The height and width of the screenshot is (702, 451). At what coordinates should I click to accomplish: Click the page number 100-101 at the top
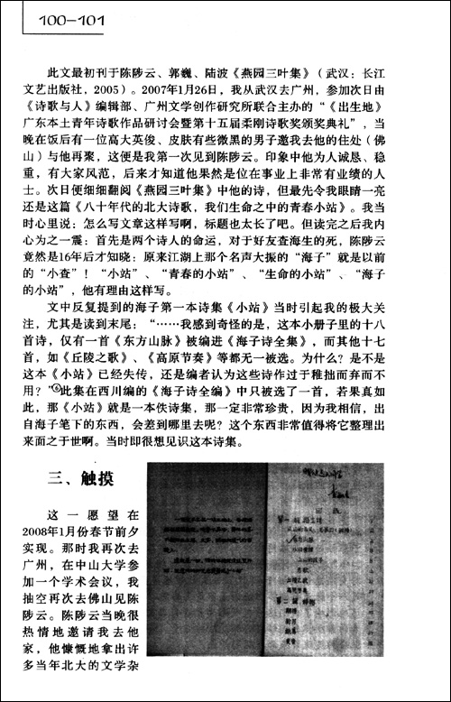pos(54,16)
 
